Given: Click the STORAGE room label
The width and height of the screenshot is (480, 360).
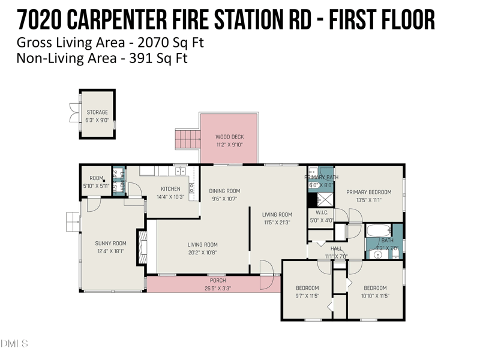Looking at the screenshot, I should click(x=97, y=112).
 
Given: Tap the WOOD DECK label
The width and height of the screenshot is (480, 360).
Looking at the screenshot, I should click(x=230, y=137).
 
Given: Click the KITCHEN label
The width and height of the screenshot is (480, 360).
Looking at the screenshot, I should click(x=170, y=189).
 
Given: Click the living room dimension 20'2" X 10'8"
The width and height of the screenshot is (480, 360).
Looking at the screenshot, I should click(x=202, y=253).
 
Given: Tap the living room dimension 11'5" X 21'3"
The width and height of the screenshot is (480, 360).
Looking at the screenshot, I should click(x=277, y=222).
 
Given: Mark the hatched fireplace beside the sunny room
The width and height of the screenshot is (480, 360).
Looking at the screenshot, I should click(x=142, y=246).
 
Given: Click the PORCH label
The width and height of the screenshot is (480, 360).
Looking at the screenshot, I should click(x=217, y=281).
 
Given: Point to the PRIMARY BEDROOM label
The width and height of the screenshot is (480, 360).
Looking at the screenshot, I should click(x=368, y=192).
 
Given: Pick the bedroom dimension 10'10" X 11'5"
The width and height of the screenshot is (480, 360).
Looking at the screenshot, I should click(x=375, y=295).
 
